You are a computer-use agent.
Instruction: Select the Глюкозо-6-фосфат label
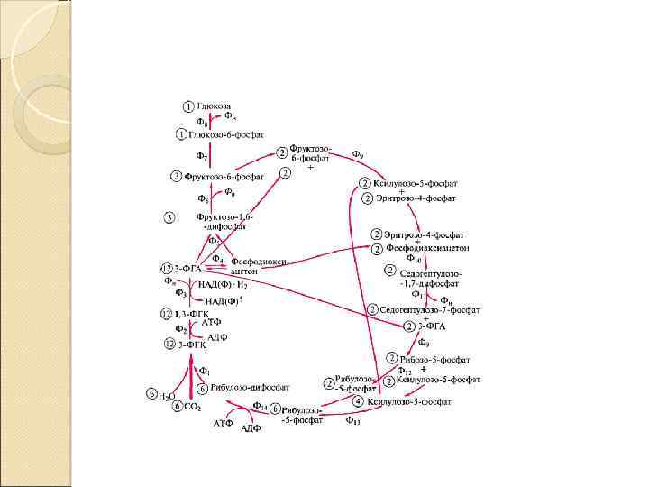coord(226,134)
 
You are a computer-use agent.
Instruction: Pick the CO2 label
coord(192,407)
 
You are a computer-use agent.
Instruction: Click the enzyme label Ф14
coord(260,406)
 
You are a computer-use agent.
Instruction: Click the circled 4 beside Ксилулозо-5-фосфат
coord(358,400)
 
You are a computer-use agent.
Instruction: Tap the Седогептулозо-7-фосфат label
coord(430,309)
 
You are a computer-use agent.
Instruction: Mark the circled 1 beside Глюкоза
coord(187,106)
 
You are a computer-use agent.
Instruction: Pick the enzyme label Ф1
coord(204,370)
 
